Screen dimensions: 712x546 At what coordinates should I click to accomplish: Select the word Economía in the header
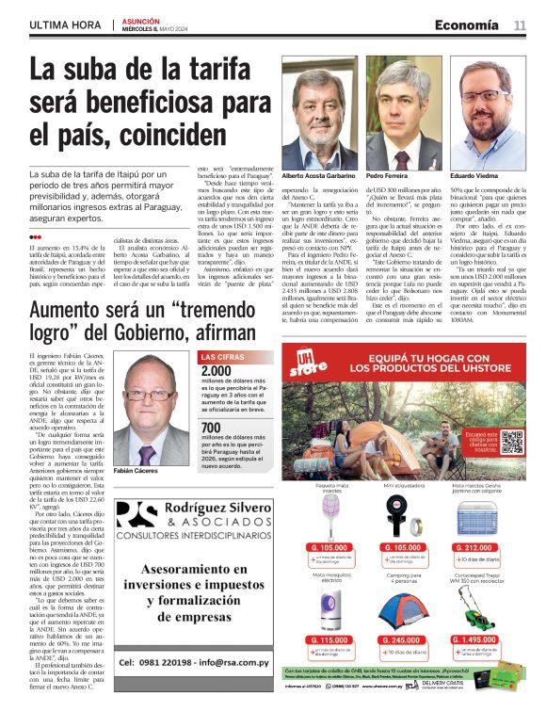[468, 24]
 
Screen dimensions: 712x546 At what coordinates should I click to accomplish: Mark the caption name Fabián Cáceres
[134, 468]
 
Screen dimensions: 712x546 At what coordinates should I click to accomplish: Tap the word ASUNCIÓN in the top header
[142, 19]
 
